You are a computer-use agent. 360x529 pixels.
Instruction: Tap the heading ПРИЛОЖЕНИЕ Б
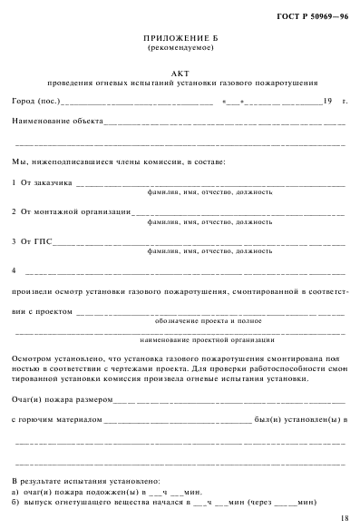(180, 38)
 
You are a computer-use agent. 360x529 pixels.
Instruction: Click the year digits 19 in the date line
(327, 102)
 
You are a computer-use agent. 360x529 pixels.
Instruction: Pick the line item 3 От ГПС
(33, 241)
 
